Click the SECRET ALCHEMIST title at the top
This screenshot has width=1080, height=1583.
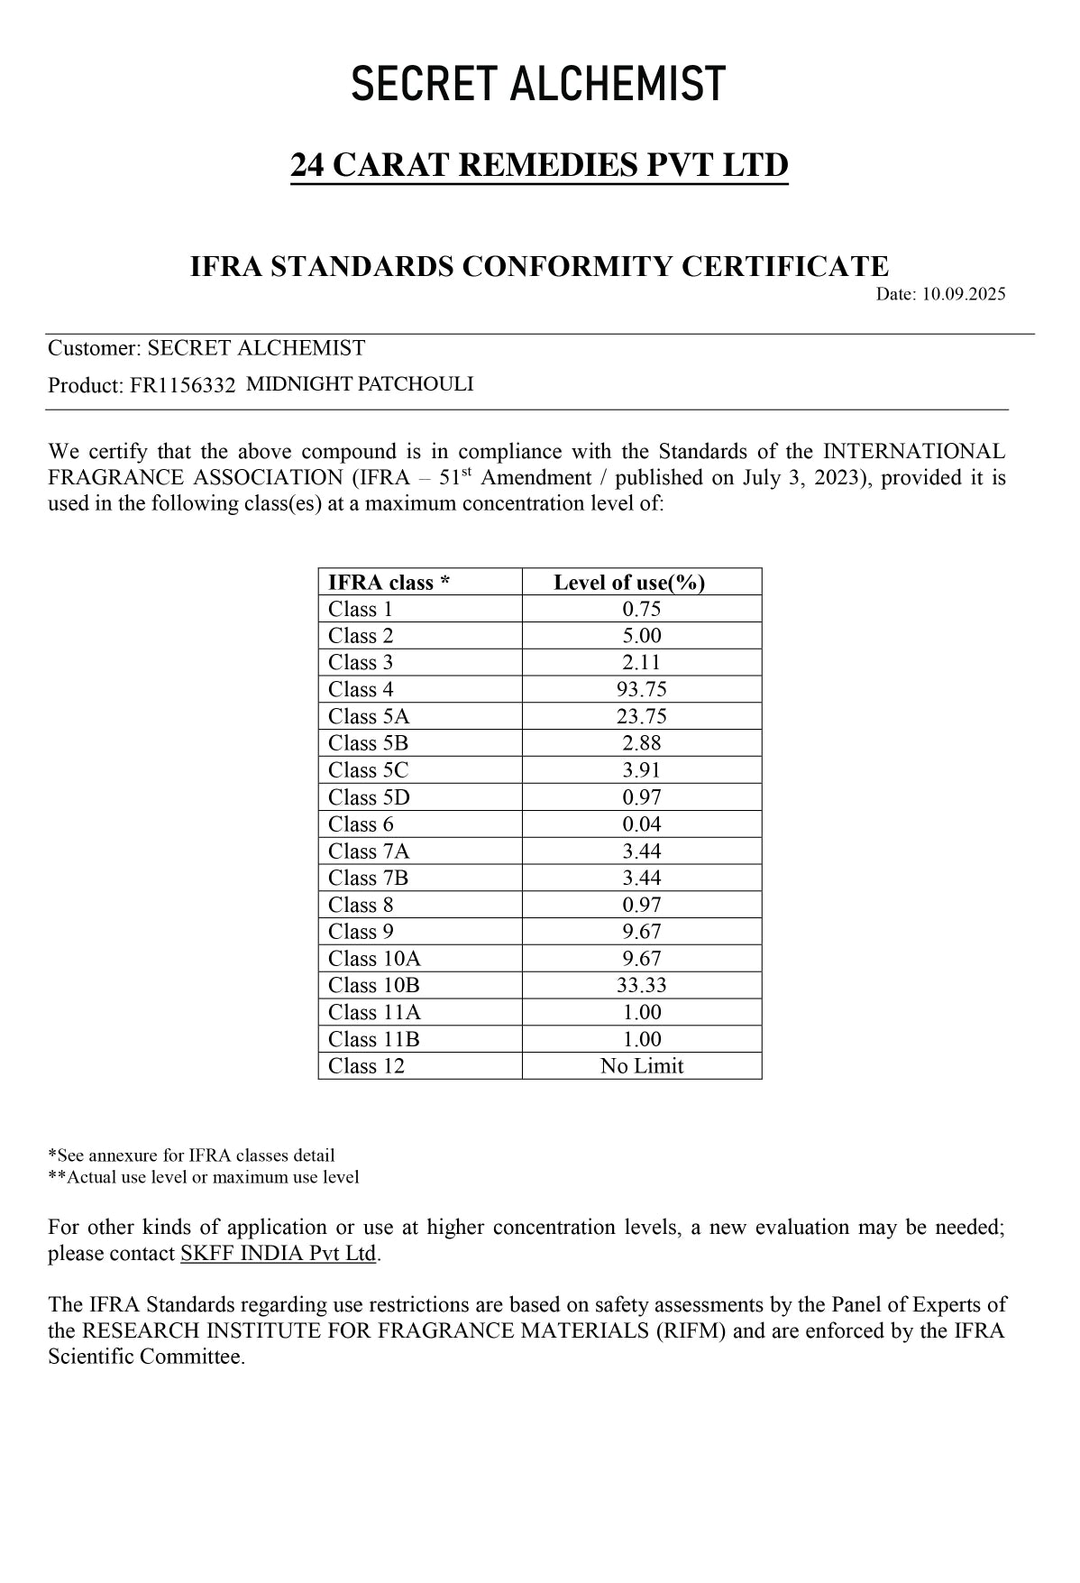pos(538,84)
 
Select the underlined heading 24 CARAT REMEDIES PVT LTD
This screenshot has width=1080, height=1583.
pos(539,165)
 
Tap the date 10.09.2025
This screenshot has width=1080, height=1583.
pos(963,294)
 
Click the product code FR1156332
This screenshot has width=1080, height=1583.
pos(182,386)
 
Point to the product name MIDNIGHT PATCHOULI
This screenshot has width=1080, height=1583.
pos(360,384)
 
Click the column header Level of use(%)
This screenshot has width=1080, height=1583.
pos(629,583)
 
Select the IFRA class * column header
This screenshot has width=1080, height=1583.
pos(389,583)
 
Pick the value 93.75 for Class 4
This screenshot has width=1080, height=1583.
pos(642,690)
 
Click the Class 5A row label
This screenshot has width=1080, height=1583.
pos(368,717)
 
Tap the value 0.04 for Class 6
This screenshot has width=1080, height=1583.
pos(642,824)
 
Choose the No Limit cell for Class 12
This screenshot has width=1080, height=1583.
pos(642,1066)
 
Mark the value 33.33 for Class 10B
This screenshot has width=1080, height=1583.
pos(642,986)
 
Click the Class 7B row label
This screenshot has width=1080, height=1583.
pos(368,879)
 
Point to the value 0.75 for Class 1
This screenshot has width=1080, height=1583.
pos(642,610)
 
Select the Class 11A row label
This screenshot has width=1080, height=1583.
pos(374,1013)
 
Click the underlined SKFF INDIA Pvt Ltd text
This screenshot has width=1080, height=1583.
pos(278,1254)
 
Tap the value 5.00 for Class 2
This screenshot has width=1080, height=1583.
pos(642,636)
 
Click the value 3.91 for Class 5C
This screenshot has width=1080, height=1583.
pos(642,770)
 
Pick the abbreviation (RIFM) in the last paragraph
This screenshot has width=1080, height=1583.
pos(692,1331)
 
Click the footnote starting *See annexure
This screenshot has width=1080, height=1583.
pos(191,1155)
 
